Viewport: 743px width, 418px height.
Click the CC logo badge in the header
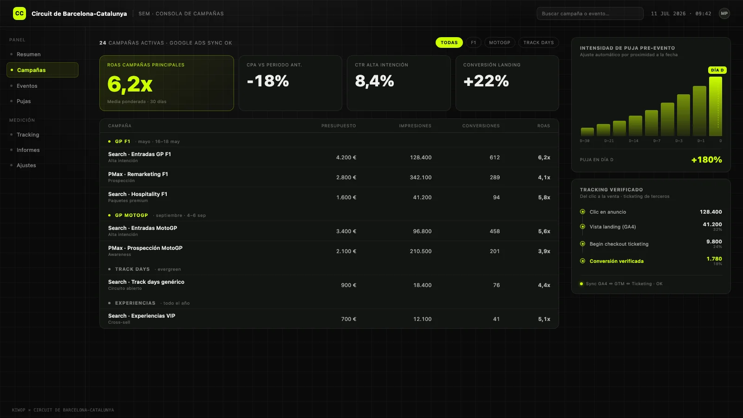pyautogui.click(x=19, y=13)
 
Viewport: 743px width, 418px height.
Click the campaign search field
pyautogui.click(x=590, y=13)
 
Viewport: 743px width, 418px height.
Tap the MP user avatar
pyautogui.click(x=724, y=13)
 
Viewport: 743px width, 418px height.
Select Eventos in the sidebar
pyautogui.click(x=27, y=85)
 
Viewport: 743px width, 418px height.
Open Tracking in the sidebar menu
pyautogui.click(x=28, y=134)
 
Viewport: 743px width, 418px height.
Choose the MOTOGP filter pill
pyautogui.click(x=500, y=42)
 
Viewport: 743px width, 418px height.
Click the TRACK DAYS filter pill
pyautogui.click(x=538, y=42)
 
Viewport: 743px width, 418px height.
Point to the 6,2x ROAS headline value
pyautogui.click(x=130, y=84)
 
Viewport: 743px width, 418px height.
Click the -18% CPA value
pyautogui.click(x=267, y=81)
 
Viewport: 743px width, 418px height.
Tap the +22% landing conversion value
pyautogui.click(x=486, y=81)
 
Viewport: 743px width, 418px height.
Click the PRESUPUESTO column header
pyautogui.click(x=339, y=126)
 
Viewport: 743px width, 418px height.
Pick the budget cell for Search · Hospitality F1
pyautogui.click(x=346, y=197)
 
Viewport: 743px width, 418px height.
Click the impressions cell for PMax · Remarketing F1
pyautogui.click(x=421, y=177)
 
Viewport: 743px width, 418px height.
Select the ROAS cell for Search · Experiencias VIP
pyautogui.click(x=544, y=319)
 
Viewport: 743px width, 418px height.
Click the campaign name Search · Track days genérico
pyautogui.click(x=146, y=281)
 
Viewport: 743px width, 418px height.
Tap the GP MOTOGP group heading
pyautogui.click(x=131, y=216)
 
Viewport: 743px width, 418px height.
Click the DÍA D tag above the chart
pyautogui.click(x=717, y=70)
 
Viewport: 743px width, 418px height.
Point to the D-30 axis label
pyautogui.click(x=585, y=141)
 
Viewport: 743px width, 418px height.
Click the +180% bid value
pyautogui.click(x=706, y=160)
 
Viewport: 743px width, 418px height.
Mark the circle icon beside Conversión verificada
pyautogui.click(x=582, y=261)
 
